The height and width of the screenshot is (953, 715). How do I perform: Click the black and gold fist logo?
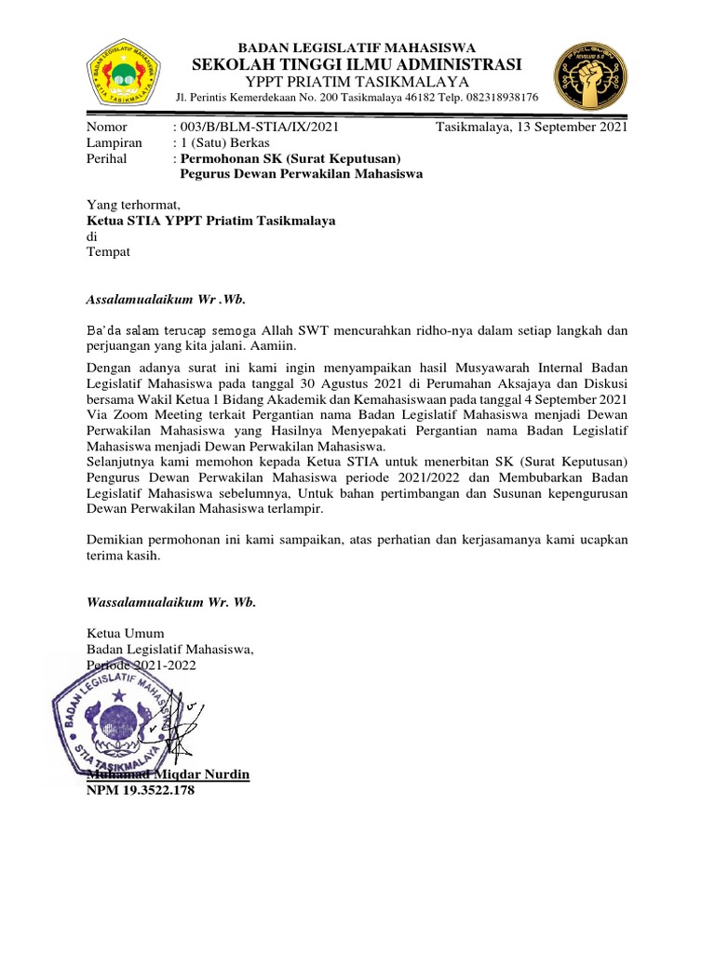point(590,75)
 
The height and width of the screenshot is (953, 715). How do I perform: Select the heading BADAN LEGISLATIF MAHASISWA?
point(357,47)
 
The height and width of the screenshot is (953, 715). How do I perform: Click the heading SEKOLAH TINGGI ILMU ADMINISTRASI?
point(357,64)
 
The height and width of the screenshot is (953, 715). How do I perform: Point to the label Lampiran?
point(115,143)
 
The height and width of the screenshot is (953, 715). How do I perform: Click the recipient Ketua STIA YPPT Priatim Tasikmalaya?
point(211,221)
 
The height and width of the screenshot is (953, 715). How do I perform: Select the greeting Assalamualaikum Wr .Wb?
point(167,299)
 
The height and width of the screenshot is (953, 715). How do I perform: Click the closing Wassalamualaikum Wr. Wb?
point(171,602)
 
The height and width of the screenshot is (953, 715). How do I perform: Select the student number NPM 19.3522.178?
point(142,790)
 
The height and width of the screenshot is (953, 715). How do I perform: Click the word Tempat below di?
point(109,252)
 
